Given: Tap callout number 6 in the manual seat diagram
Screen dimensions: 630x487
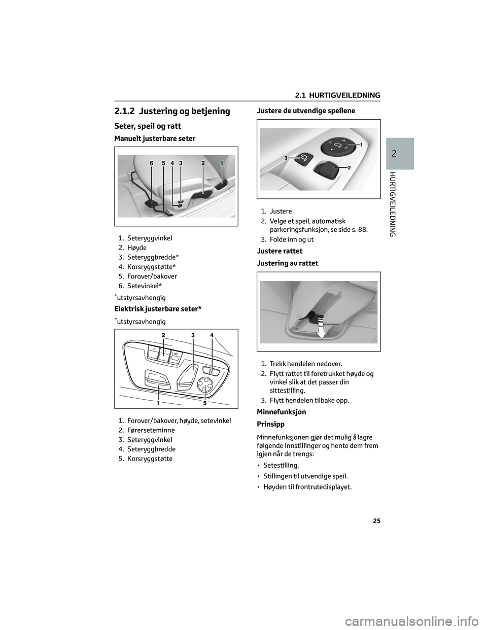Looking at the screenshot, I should pyautogui.click(x=151, y=163).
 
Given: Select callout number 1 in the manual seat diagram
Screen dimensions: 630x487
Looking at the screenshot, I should pyautogui.click(x=222, y=163).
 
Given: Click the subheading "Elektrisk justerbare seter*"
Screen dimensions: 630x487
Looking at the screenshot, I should pyautogui.click(x=158, y=309).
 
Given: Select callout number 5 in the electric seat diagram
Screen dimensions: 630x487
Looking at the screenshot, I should pyautogui.click(x=205, y=403).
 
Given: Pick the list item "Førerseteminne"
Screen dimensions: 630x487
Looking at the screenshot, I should pyautogui.click(x=151, y=430).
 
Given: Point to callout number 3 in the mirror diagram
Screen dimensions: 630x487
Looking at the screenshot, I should pyautogui.click(x=286, y=158).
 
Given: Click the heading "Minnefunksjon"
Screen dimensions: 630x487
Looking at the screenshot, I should pyautogui.click(x=282, y=412).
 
